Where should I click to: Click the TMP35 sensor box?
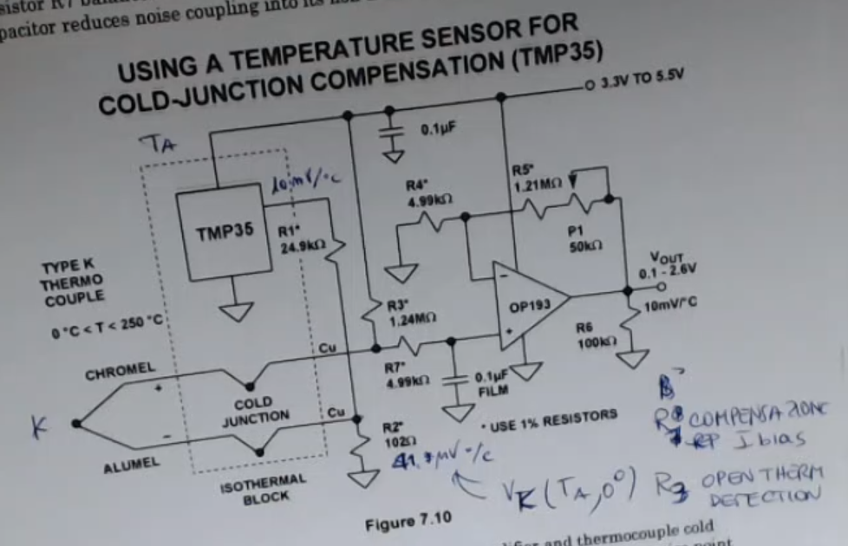[219, 232]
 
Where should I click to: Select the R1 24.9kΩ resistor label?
[300, 238]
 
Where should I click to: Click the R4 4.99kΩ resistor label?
[427, 194]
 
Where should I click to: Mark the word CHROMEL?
[120, 372]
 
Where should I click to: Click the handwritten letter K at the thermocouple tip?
[38, 426]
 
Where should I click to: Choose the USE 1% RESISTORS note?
[549, 420]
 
